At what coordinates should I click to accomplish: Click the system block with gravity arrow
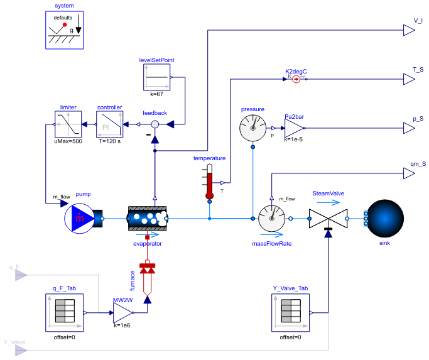[65, 30]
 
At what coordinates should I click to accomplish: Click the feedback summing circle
[155, 125]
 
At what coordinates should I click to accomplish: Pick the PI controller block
[109, 124]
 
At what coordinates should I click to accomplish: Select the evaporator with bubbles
[146, 219]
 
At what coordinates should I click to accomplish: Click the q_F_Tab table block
[65, 312]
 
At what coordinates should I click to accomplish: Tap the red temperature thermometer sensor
[210, 183]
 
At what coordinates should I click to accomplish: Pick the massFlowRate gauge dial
[272, 219]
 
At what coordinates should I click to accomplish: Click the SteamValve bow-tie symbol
[327, 219]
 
